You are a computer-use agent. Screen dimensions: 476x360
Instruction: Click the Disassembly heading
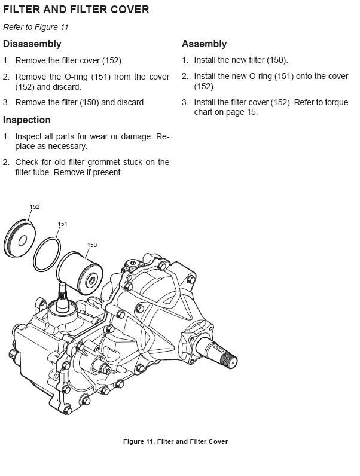[x=32, y=44]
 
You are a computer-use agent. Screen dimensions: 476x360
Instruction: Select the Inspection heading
[x=27, y=120]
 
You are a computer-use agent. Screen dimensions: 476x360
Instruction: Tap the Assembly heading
[x=204, y=44]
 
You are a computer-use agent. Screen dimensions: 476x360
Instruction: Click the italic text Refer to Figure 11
[x=31, y=28]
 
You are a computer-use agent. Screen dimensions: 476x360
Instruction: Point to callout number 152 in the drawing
[x=35, y=207]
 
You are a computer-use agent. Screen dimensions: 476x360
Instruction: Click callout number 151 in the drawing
[x=62, y=224]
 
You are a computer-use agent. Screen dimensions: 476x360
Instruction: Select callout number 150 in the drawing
[x=92, y=245]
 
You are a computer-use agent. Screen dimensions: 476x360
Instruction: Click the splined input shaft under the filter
[x=62, y=296]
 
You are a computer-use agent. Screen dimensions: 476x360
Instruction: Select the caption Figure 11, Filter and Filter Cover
[x=175, y=441]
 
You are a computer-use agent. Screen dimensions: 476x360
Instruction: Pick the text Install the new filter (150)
[x=240, y=60]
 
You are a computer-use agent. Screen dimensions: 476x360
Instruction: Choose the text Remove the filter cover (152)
[x=69, y=60]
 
